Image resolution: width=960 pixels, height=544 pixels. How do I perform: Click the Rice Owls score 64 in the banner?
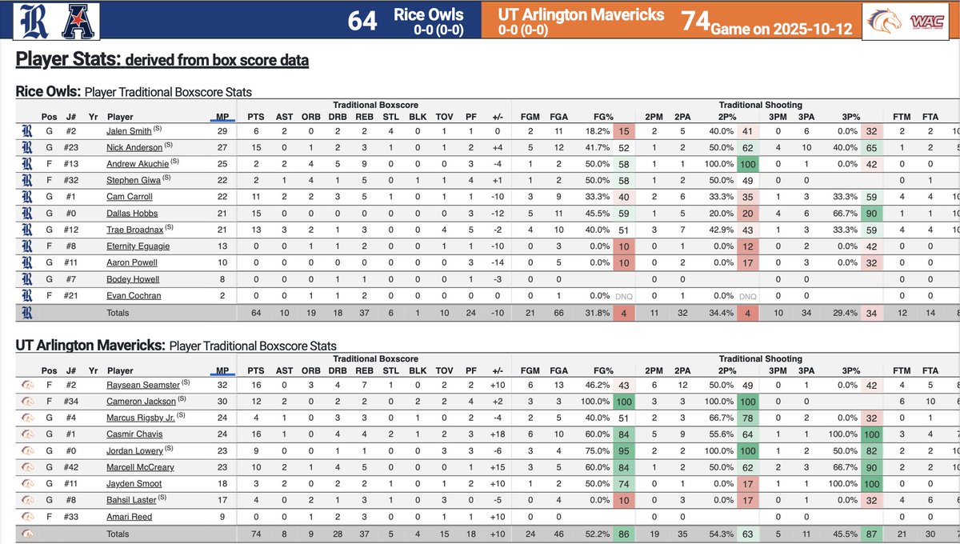tap(362, 20)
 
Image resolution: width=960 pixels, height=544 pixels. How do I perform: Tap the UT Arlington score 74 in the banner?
tap(695, 20)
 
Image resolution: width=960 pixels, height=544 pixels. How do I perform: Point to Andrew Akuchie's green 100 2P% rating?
tap(748, 163)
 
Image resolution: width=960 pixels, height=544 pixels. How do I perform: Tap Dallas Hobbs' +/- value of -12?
tap(498, 213)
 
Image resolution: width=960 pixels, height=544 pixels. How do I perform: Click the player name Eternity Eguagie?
tap(138, 246)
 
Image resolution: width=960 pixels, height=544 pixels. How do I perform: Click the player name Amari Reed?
tap(129, 517)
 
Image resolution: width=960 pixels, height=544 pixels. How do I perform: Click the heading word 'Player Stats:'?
tap(66, 60)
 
